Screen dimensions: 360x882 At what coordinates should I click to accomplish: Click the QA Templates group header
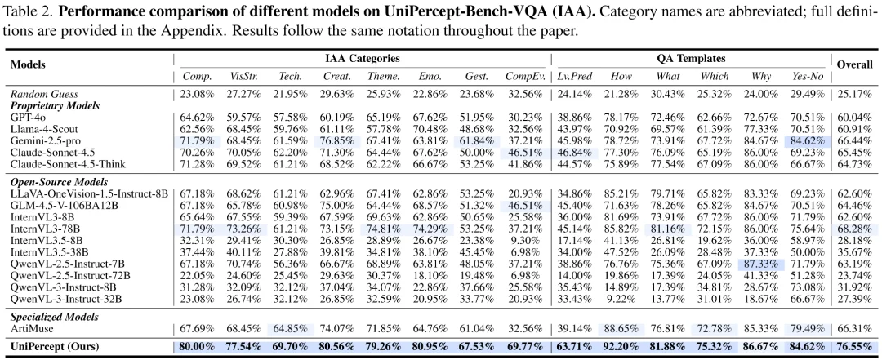coord(688,59)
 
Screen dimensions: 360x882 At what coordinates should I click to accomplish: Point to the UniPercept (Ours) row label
coord(53,347)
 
